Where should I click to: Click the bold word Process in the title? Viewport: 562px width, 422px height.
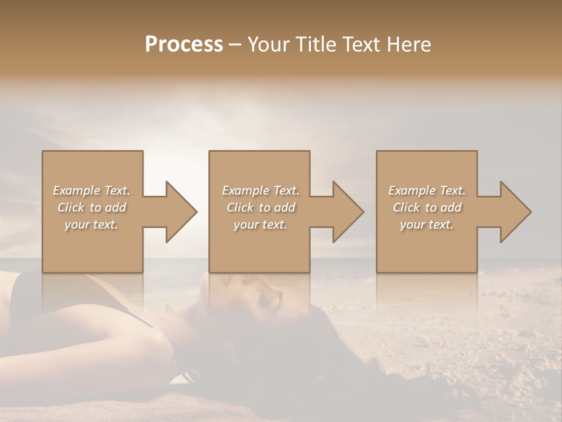(184, 45)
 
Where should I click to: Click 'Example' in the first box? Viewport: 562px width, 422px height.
(77, 190)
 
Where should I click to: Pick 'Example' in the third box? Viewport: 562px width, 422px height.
(412, 190)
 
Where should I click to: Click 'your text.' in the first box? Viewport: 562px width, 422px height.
(91, 224)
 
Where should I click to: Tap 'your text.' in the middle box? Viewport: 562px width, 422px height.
(261, 224)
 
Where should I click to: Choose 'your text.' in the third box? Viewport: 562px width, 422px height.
(427, 224)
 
